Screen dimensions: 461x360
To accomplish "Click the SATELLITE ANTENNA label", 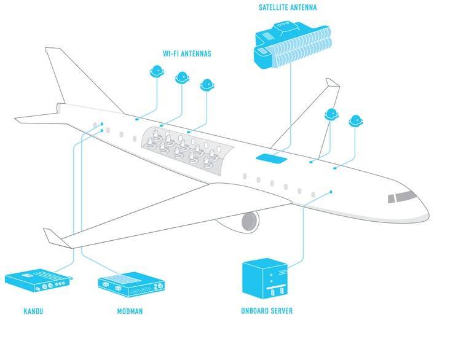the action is point(288,7).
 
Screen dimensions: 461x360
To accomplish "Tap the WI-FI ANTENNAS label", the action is point(187,53).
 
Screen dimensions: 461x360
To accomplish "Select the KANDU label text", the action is point(33,311).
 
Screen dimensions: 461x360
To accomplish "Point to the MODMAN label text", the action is point(130,311).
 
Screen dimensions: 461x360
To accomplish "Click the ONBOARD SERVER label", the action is point(267,311).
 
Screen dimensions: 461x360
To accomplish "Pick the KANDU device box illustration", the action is point(38,280).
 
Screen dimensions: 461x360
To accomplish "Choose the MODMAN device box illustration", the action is point(131,283).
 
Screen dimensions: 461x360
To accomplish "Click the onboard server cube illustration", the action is point(264,278).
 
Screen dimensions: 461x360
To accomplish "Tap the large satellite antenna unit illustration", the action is point(293,45).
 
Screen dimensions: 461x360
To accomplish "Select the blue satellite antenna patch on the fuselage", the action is point(271,158).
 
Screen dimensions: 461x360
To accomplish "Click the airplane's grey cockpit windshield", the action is point(401,197).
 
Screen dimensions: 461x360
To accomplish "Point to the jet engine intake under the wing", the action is point(250,222).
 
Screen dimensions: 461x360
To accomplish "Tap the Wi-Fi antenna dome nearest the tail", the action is point(157,71).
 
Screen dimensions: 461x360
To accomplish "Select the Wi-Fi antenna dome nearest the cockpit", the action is point(356,121).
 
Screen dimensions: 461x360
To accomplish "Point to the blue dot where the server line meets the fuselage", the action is point(331,192).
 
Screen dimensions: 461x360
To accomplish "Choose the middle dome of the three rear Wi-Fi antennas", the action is point(182,78).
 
